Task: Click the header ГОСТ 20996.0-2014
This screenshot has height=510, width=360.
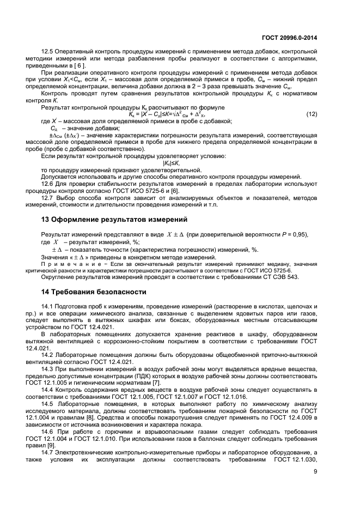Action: click(291, 38)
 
